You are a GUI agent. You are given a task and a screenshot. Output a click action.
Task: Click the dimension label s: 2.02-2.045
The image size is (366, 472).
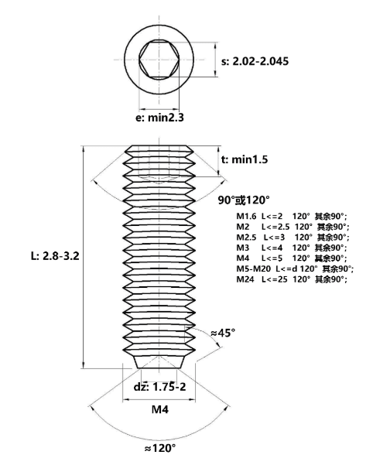pos(255,61)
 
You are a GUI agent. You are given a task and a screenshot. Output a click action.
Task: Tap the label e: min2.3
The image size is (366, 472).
pos(159,118)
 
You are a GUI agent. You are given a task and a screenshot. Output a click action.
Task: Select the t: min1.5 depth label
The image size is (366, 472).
pos(245,159)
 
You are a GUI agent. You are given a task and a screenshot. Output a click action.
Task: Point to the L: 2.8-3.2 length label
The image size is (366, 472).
pos(55,256)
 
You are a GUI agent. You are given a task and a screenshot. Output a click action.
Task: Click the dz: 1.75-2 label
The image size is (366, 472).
pos(160,387)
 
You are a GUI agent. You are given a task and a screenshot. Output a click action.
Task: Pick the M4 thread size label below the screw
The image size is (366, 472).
pos(160,409)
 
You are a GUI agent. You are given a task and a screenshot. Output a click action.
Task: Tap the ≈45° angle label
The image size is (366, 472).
pos(223,333)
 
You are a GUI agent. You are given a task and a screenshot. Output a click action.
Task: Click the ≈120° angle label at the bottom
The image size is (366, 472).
pos(160,448)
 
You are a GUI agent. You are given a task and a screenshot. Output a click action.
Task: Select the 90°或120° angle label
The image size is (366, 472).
pos(244,200)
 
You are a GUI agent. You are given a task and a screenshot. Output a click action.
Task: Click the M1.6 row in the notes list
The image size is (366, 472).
pos(292,216)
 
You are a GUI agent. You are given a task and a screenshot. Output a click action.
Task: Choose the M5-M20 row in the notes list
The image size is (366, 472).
pos(295,268)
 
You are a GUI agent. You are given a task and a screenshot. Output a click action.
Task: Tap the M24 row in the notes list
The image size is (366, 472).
pos(292,279)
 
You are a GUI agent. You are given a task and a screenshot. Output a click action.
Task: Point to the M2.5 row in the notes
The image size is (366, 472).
pos(292,238)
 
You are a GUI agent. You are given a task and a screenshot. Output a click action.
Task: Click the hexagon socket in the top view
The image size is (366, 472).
pos(159,60)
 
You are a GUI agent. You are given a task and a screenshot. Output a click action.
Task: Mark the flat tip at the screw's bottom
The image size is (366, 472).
pos(159,368)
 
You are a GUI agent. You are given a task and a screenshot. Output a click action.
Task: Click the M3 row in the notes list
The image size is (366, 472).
pos(292,248)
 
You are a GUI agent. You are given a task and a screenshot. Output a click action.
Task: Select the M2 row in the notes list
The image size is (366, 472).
pos(292,227)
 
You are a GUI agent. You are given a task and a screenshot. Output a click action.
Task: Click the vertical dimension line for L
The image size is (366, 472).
pos(84,257)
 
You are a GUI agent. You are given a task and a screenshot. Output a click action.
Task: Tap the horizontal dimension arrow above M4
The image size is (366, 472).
pos(159,399)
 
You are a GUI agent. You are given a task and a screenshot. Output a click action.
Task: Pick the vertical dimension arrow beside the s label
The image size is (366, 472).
pos(215,60)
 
